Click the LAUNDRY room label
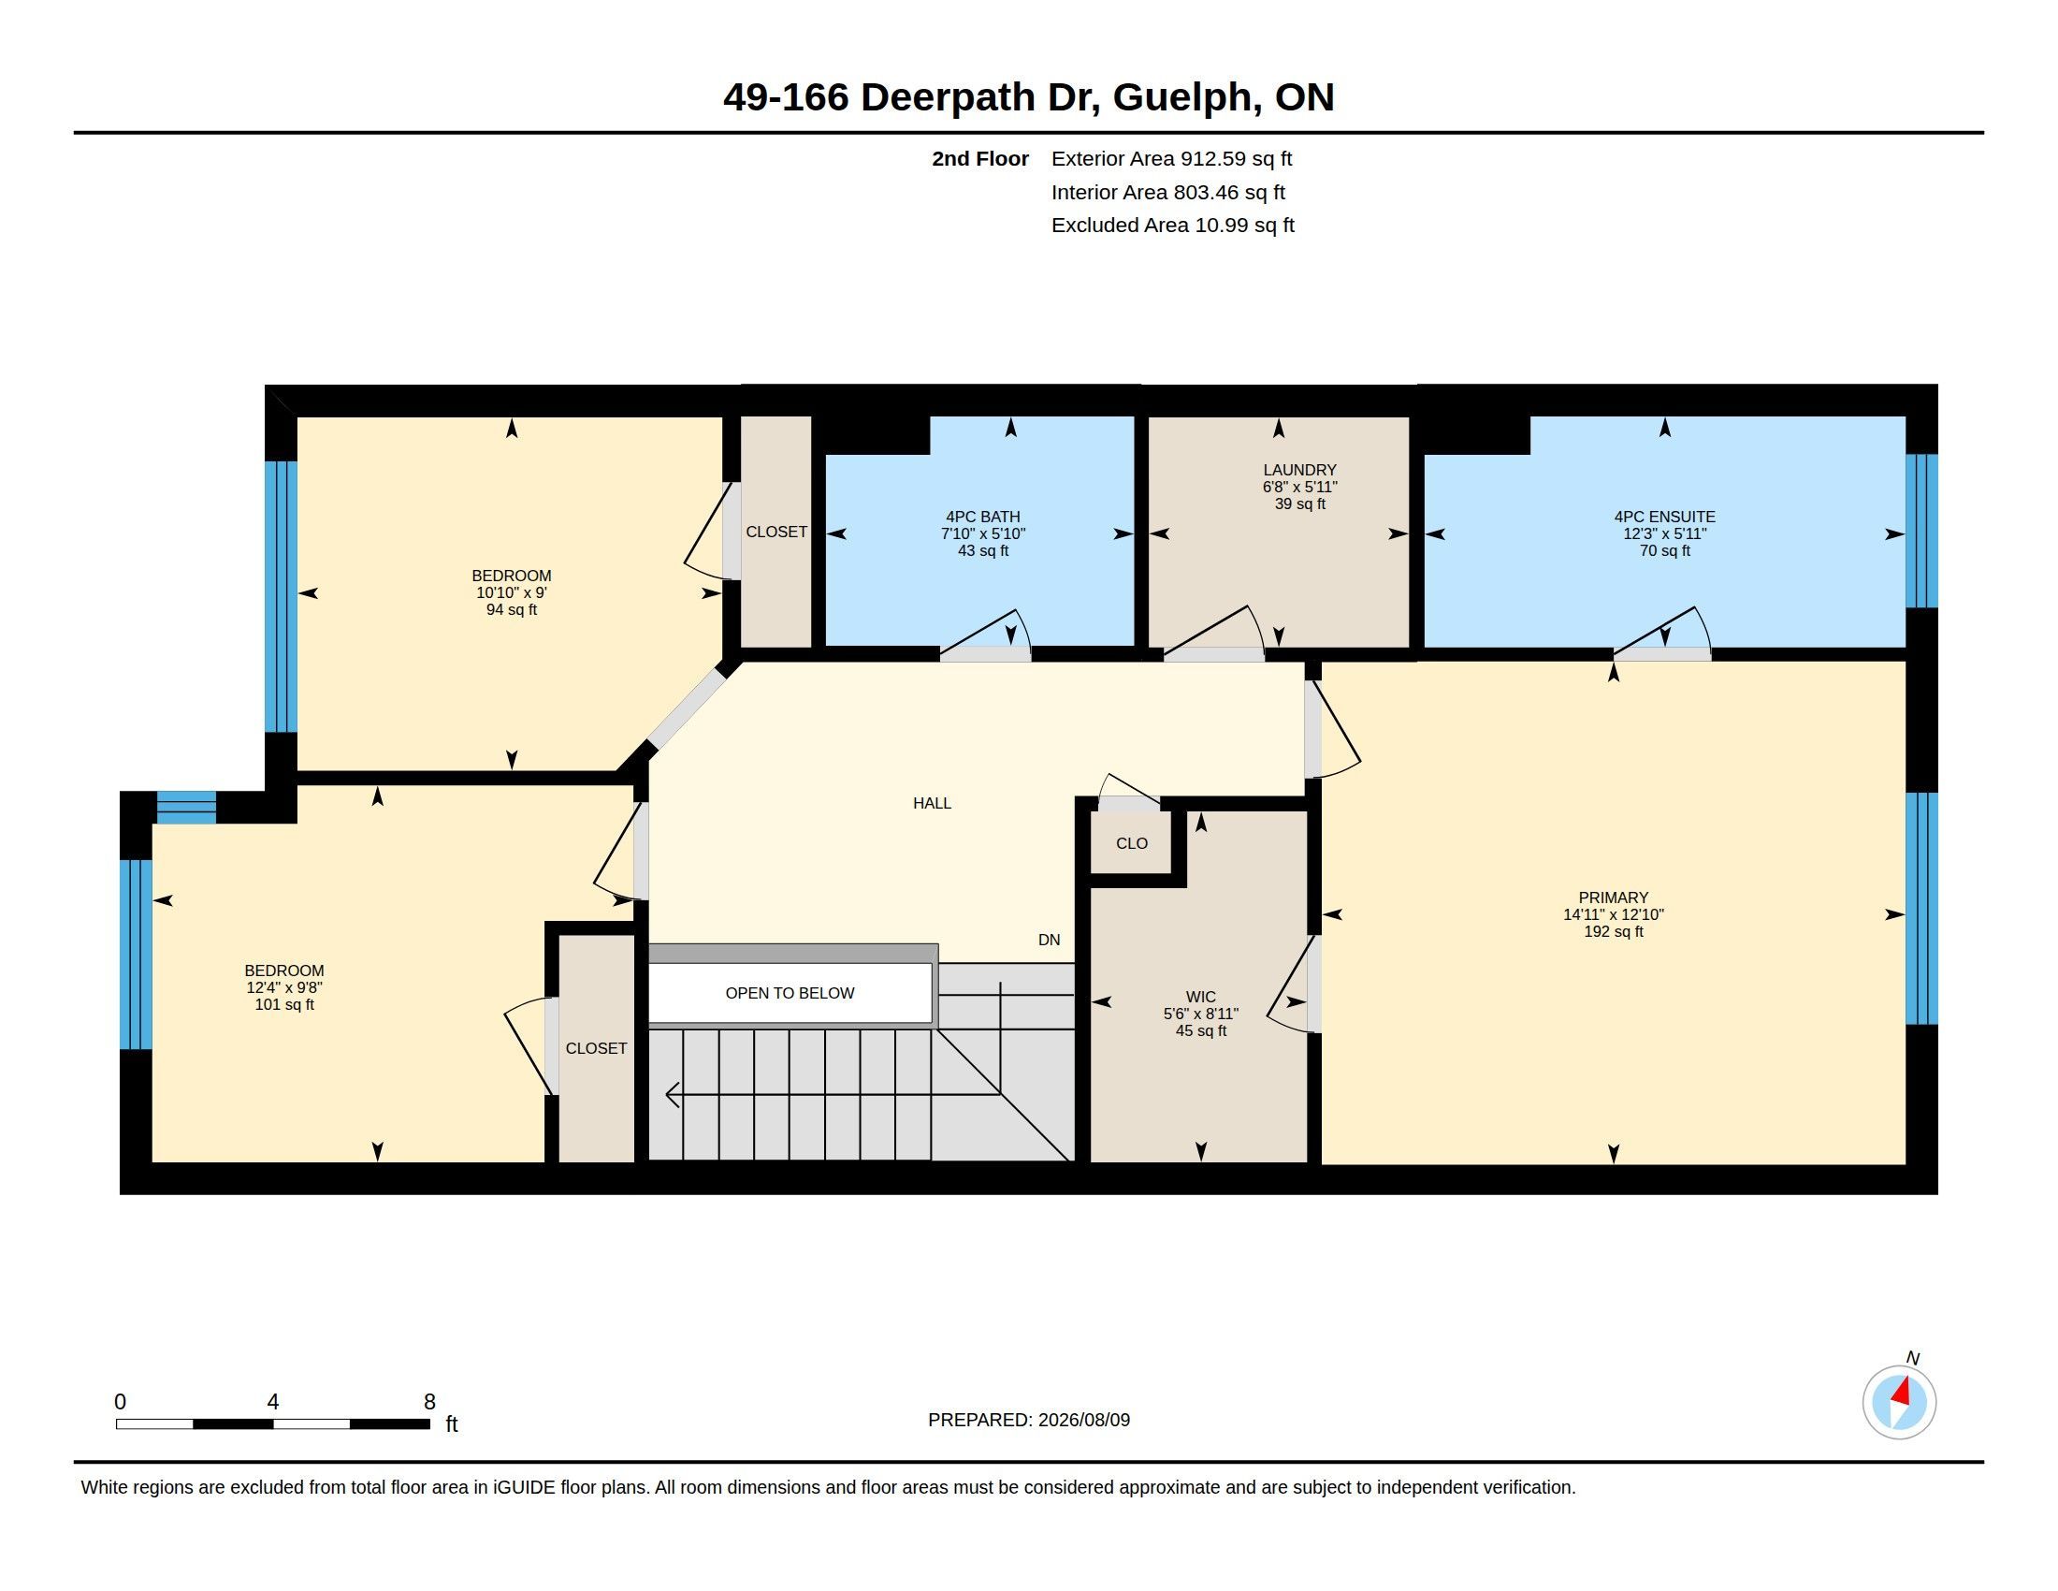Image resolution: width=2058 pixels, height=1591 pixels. [x=1299, y=470]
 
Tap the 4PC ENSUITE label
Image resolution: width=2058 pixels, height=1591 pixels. [x=1664, y=517]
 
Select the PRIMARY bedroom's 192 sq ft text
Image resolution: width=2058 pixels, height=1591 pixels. [x=1614, y=931]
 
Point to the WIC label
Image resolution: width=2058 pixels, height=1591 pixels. [x=1200, y=998]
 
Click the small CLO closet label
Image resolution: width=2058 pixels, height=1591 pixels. [x=1132, y=843]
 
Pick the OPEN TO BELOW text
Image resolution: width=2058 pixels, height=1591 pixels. [x=790, y=992]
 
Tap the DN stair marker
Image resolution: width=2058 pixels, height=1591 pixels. [x=1049, y=940]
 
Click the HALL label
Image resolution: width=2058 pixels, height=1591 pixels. [x=932, y=803]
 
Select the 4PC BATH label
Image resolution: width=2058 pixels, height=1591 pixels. [x=983, y=517]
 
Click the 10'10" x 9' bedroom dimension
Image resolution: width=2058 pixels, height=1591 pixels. [x=512, y=592]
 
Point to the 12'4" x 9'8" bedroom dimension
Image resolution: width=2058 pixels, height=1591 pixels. [x=284, y=987]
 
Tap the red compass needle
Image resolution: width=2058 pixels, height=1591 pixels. [x=1903, y=1391]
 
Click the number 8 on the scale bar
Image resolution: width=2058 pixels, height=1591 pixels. [x=429, y=1402]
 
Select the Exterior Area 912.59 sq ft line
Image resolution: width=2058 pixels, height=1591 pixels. [x=1171, y=158]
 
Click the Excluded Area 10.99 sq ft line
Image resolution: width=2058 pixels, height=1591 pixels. [x=1172, y=226]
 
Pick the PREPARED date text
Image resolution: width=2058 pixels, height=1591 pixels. [x=1029, y=1420]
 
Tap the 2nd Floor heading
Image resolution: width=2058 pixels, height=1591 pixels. [x=980, y=158]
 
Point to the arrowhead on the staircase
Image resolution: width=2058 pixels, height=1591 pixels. [x=673, y=1094]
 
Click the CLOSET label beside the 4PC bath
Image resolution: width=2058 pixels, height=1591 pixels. [x=776, y=532]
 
